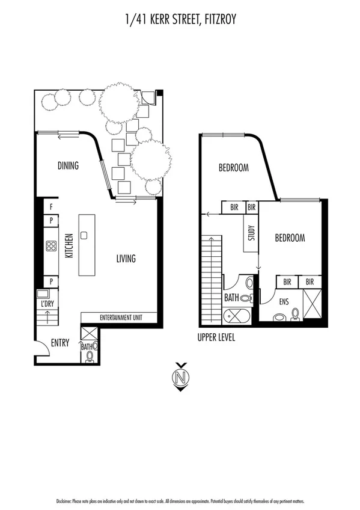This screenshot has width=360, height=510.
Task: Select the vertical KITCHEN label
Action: pyautogui.click(x=69, y=246)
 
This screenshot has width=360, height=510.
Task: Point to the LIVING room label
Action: pyautogui.click(x=126, y=259)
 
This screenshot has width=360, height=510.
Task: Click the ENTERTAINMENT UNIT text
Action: pyautogui.click(x=119, y=318)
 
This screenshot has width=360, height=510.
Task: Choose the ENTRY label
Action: pyautogui.click(x=59, y=343)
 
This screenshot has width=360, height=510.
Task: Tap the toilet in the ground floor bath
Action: pyautogui.click(x=90, y=357)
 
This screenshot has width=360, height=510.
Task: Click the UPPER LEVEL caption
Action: pyautogui.click(x=216, y=338)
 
